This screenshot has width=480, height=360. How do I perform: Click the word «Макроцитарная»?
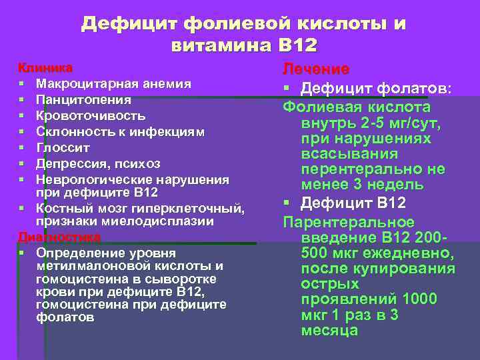click(x=77, y=84)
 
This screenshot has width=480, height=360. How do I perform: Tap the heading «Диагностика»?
click(x=59, y=237)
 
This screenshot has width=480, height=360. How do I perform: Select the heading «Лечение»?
click(x=316, y=69)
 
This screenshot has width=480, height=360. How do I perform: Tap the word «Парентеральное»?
click(x=349, y=222)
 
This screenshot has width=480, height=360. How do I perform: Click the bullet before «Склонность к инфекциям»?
click(x=22, y=132)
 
